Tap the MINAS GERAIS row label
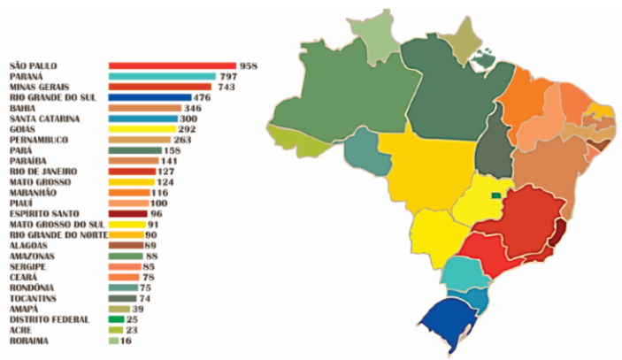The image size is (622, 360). tap(39, 88)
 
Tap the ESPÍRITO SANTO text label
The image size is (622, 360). tap(42, 214)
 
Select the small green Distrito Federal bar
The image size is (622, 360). tap(115, 319)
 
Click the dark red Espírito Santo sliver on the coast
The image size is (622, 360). tap(559, 234)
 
